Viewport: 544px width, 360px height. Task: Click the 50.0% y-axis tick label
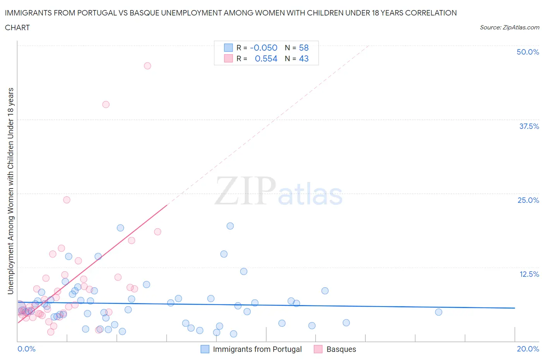528,52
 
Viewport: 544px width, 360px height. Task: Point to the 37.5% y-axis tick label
529,126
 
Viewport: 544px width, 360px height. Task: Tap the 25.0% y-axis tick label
528,200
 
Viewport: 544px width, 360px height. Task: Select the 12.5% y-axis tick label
529,274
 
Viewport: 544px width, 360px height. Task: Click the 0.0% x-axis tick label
26,349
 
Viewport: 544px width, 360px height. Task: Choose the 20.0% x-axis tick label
528,349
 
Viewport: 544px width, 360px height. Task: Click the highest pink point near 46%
147,66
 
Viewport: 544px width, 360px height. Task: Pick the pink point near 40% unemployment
106,105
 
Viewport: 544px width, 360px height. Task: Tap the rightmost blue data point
438,312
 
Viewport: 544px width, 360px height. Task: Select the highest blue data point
230,226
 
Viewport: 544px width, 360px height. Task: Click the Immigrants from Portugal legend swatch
205,349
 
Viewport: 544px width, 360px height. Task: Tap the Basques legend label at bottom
341,349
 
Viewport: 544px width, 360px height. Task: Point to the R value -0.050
263,48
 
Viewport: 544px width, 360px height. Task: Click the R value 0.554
266,58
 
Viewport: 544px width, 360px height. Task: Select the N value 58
304,48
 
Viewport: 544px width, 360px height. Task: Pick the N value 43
304,58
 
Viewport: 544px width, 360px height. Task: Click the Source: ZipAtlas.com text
509,27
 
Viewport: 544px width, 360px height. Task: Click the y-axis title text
11,191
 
